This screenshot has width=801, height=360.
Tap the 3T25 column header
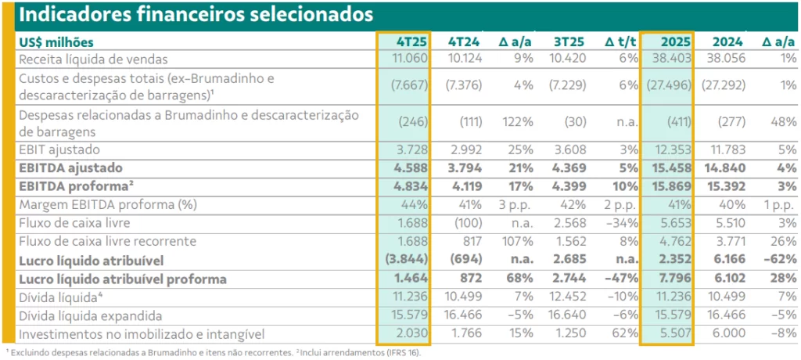(x=573, y=41)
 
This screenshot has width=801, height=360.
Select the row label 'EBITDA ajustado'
(x=73, y=167)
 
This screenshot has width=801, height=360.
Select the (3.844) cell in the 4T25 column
(x=408, y=260)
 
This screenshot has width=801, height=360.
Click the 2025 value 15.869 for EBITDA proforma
(x=671, y=186)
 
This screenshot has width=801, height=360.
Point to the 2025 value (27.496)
(x=667, y=85)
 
